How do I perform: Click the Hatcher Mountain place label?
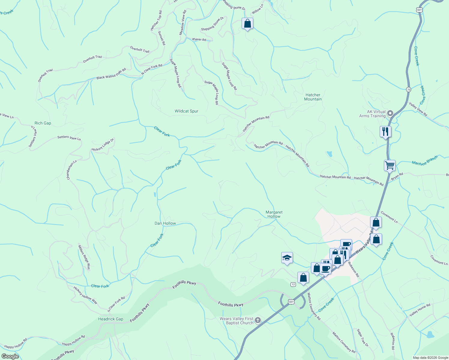click(x=313, y=97)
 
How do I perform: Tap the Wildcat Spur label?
click(x=186, y=111)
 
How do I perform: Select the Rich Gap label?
click(x=43, y=123)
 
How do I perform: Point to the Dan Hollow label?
click(x=165, y=223)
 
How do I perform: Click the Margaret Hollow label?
click(x=274, y=214)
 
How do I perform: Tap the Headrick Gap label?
click(x=110, y=319)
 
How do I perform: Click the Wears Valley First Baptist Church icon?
click(x=258, y=321)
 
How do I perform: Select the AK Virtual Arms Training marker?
click(x=390, y=113)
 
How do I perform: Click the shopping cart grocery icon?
click(x=390, y=165)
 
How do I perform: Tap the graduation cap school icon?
click(x=287, y=258)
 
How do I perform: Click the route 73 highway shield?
click(x=408, y=89)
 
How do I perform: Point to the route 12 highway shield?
click(x=293, y=284)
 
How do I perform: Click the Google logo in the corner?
click(x=10, y=356)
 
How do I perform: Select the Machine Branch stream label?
click(x=425, y=160)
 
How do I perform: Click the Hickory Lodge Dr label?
click(x=103, y=145)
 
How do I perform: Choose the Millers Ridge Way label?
click(x=84, y=258)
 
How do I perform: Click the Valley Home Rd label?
click(x=420, y=310)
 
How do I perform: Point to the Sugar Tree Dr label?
click(x=362, y=338)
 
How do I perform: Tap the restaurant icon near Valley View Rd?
click(x=385, y=131)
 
